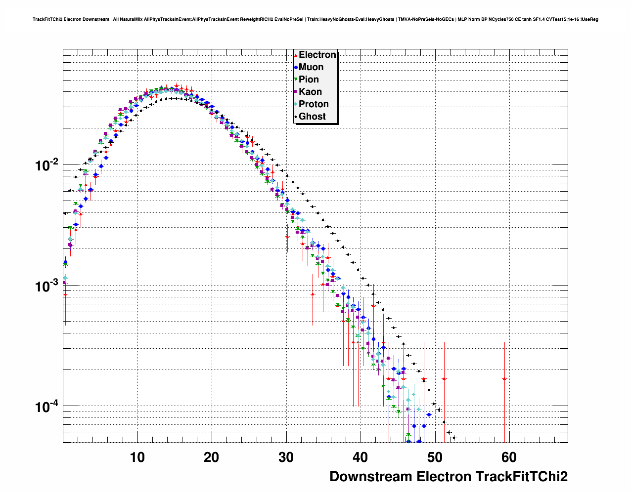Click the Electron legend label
point(317,55)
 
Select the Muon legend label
point(311,67)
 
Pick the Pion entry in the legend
point(309,80)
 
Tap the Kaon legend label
point(310,92)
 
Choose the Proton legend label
point(314,104)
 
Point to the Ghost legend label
point(312,117)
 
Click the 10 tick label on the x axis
point(137,457)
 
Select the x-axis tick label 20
point(212,457)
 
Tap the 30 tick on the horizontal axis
point(286,457)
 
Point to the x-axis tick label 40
point(361,457)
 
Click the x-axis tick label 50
point(435,457)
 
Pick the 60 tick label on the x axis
point(509,457)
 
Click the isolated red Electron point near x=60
point(504,379)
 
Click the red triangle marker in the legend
point(296,55)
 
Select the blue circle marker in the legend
point(296,67)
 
